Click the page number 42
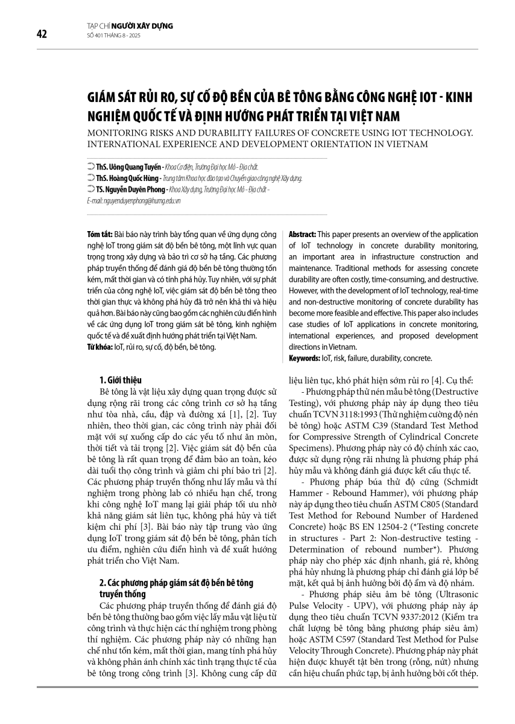tap(42, 34)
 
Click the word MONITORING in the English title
tap(118, 132)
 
